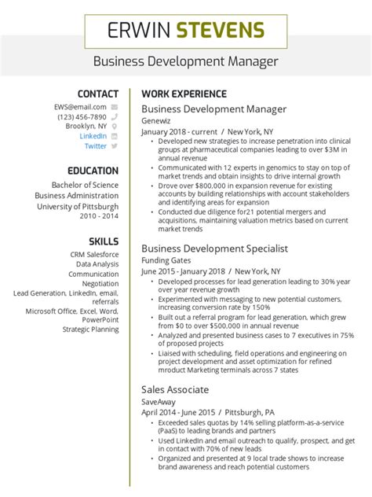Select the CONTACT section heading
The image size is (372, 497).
click(x=98, y=94)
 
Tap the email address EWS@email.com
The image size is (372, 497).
click(x=80, y=106)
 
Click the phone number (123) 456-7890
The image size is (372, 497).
click(x=82, y=116)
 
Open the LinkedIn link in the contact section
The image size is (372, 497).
click(x=93, y=135)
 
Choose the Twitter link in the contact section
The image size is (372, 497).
click(x=96, y=145)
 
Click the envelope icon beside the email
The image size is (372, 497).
click(x=115, y=106)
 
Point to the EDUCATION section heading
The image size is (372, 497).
click(x=93, y=171)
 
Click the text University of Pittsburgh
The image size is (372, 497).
click(x=78, y=207)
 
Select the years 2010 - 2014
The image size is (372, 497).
click(x=99, y=216)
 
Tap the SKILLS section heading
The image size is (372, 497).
click(x=104, y=241)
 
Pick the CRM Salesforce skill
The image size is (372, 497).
click(x=94, y=255)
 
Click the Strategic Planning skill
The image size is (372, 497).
click(x=90, y=329)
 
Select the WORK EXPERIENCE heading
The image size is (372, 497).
click(x=184, y=94)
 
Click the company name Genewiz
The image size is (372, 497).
click(x=156, y=121)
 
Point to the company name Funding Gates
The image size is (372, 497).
click(x=166, y=260)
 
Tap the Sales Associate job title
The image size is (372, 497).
click(x=175, y=389)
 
